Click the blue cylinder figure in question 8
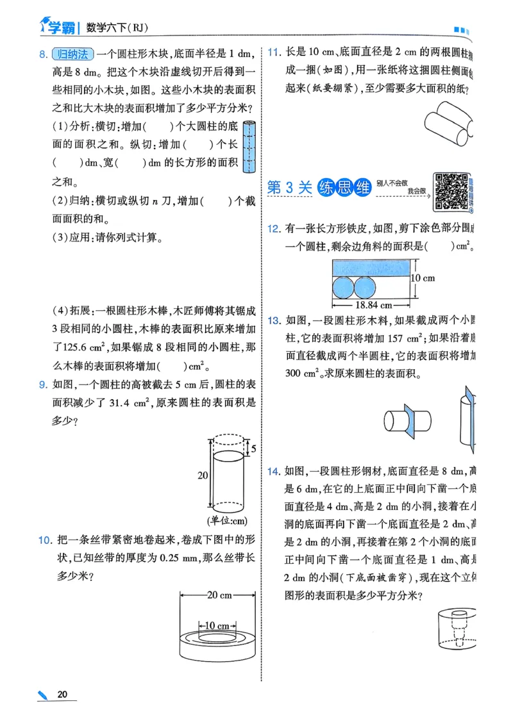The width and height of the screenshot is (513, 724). [x=249, y=147]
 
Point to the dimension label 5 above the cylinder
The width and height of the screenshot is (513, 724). [x=253, y=448]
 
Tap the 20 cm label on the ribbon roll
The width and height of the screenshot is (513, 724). [x=220, y=595]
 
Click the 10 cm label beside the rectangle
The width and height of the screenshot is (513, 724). [x=423, y=277]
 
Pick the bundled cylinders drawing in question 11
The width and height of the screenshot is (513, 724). [x=449, y=124]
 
